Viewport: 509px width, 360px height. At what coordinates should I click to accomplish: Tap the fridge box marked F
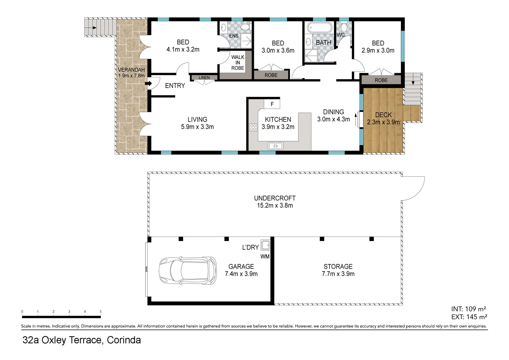point(272,104)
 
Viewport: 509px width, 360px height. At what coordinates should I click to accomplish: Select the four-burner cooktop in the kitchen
point(253,127)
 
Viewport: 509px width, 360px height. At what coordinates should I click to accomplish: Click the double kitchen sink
point(275,146)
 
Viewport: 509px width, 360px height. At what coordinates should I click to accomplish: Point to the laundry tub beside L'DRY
point(265,245)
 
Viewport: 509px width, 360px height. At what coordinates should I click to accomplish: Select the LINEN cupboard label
point(204,78)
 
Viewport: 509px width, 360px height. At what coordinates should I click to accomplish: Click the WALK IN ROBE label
point(238,63)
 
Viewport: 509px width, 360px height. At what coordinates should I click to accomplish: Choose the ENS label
point(234,36)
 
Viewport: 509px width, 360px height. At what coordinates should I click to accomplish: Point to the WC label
point(340,35)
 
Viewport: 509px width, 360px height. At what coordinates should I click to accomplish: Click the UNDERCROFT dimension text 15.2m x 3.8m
point(275,206)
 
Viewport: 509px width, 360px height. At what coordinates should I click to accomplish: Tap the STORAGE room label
point(338,266)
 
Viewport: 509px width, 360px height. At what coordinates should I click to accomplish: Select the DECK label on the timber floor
point(383,115)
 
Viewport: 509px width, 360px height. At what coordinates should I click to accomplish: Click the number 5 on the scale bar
point(100,312)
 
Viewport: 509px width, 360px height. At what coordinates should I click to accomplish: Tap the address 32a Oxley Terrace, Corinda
point(82,340)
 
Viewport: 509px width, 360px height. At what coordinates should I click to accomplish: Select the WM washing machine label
point(265,256)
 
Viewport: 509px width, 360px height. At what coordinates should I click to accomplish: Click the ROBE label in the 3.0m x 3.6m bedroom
point(271,75)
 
